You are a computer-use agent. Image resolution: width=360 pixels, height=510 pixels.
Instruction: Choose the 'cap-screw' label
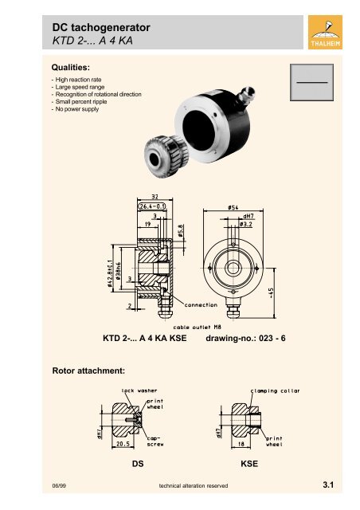coord(155,441)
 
